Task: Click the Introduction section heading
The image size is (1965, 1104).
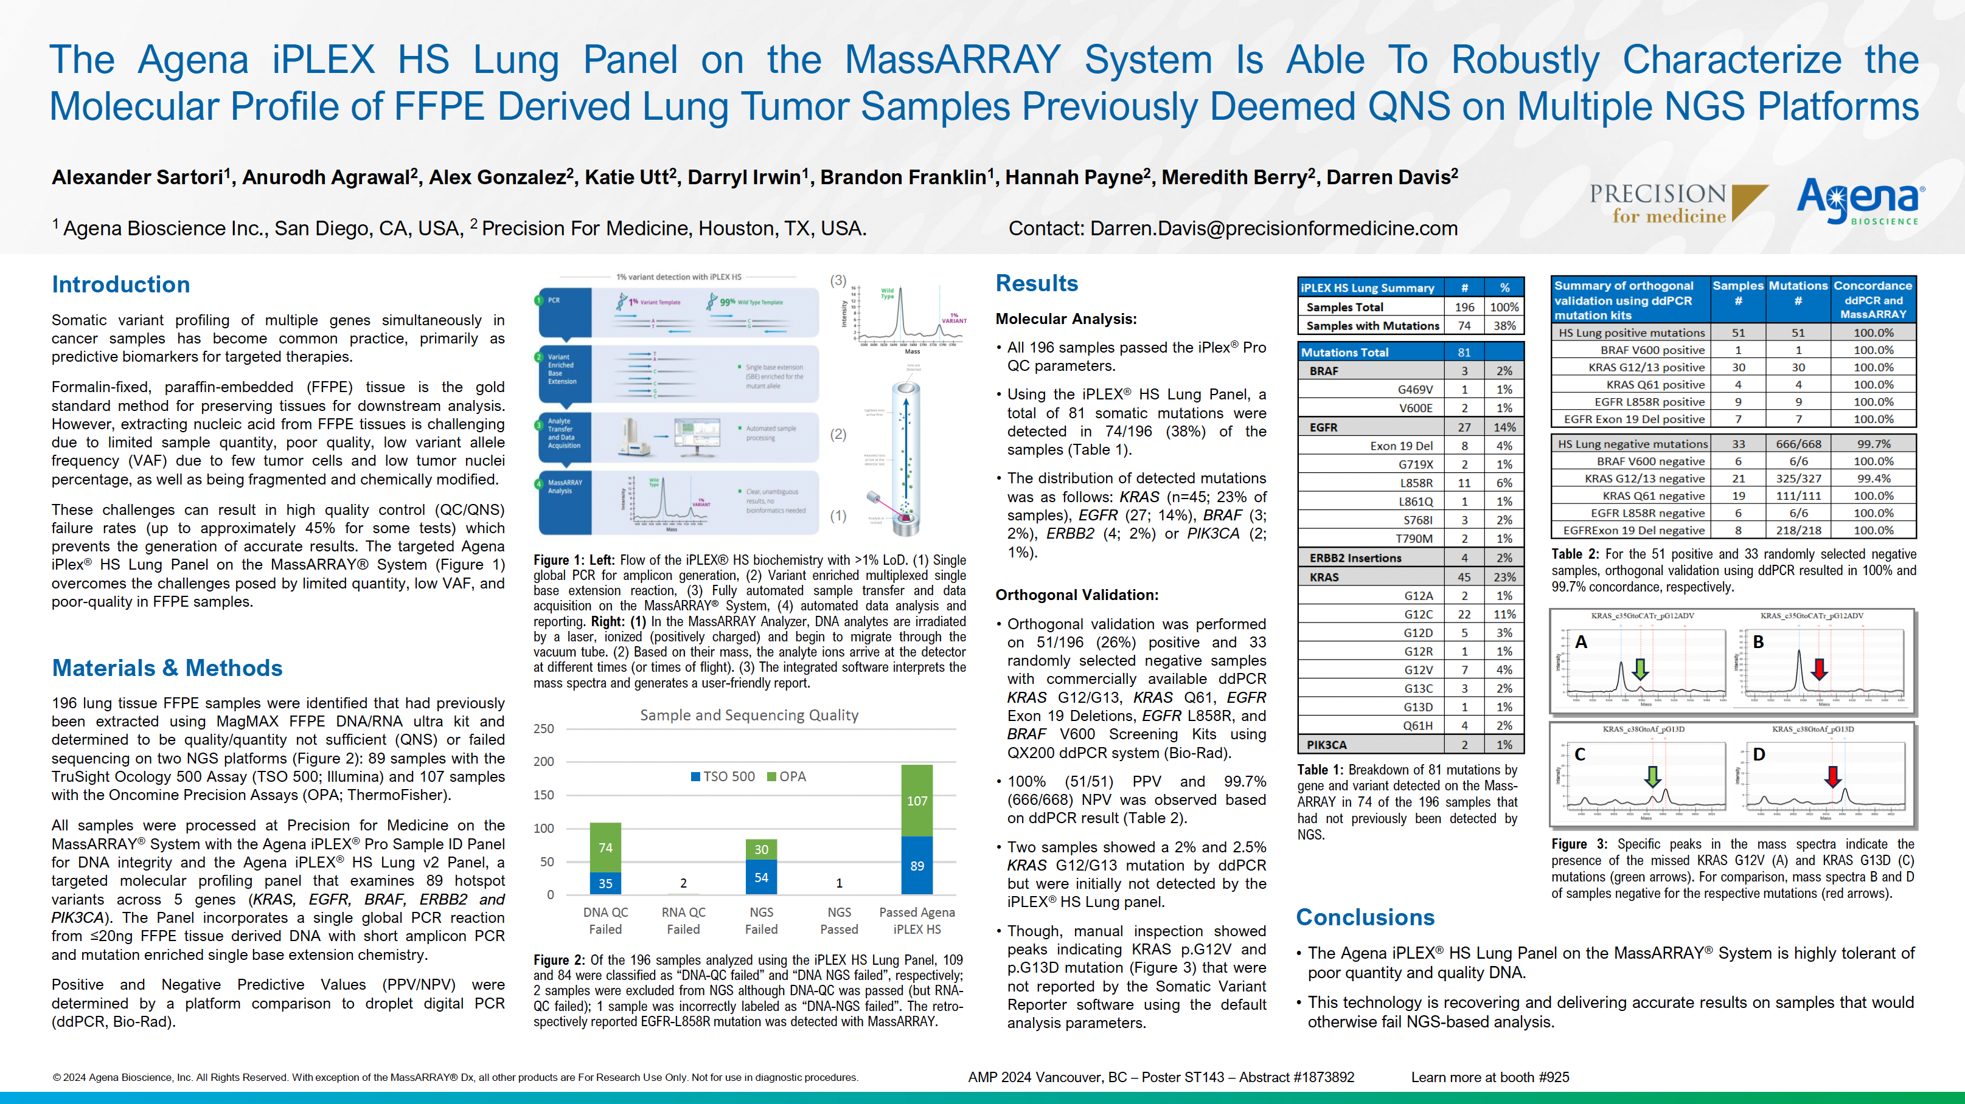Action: [120, 285]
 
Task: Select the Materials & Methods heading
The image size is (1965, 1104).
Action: [167, 668]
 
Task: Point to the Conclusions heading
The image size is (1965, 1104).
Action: [1365, 917]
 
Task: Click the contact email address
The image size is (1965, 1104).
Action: [1273, 228]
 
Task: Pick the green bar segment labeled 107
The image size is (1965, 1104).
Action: [917, 801]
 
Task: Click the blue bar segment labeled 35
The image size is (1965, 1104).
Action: [605, 883]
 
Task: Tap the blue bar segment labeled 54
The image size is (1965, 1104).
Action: [761, 877]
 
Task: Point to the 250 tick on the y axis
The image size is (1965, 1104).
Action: [544, 729]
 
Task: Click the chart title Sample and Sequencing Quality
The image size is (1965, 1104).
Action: [749, 715]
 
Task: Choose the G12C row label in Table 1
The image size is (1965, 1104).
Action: [1418, 615]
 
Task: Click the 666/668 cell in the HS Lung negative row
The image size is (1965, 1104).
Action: [1798, 444]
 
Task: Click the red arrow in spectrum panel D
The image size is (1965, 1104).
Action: [1832, 776]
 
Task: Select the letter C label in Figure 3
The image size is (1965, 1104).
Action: [1580, 754]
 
